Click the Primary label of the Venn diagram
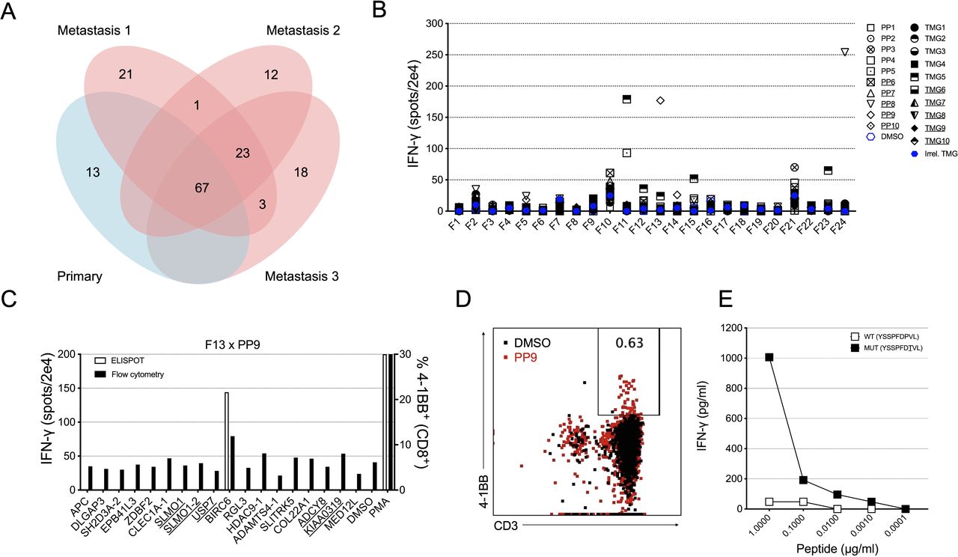[79, 277]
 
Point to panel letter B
[400, 12]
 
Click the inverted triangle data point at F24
[845, 52]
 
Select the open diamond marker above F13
[660, 100]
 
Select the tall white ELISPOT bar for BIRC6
[226, 441]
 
